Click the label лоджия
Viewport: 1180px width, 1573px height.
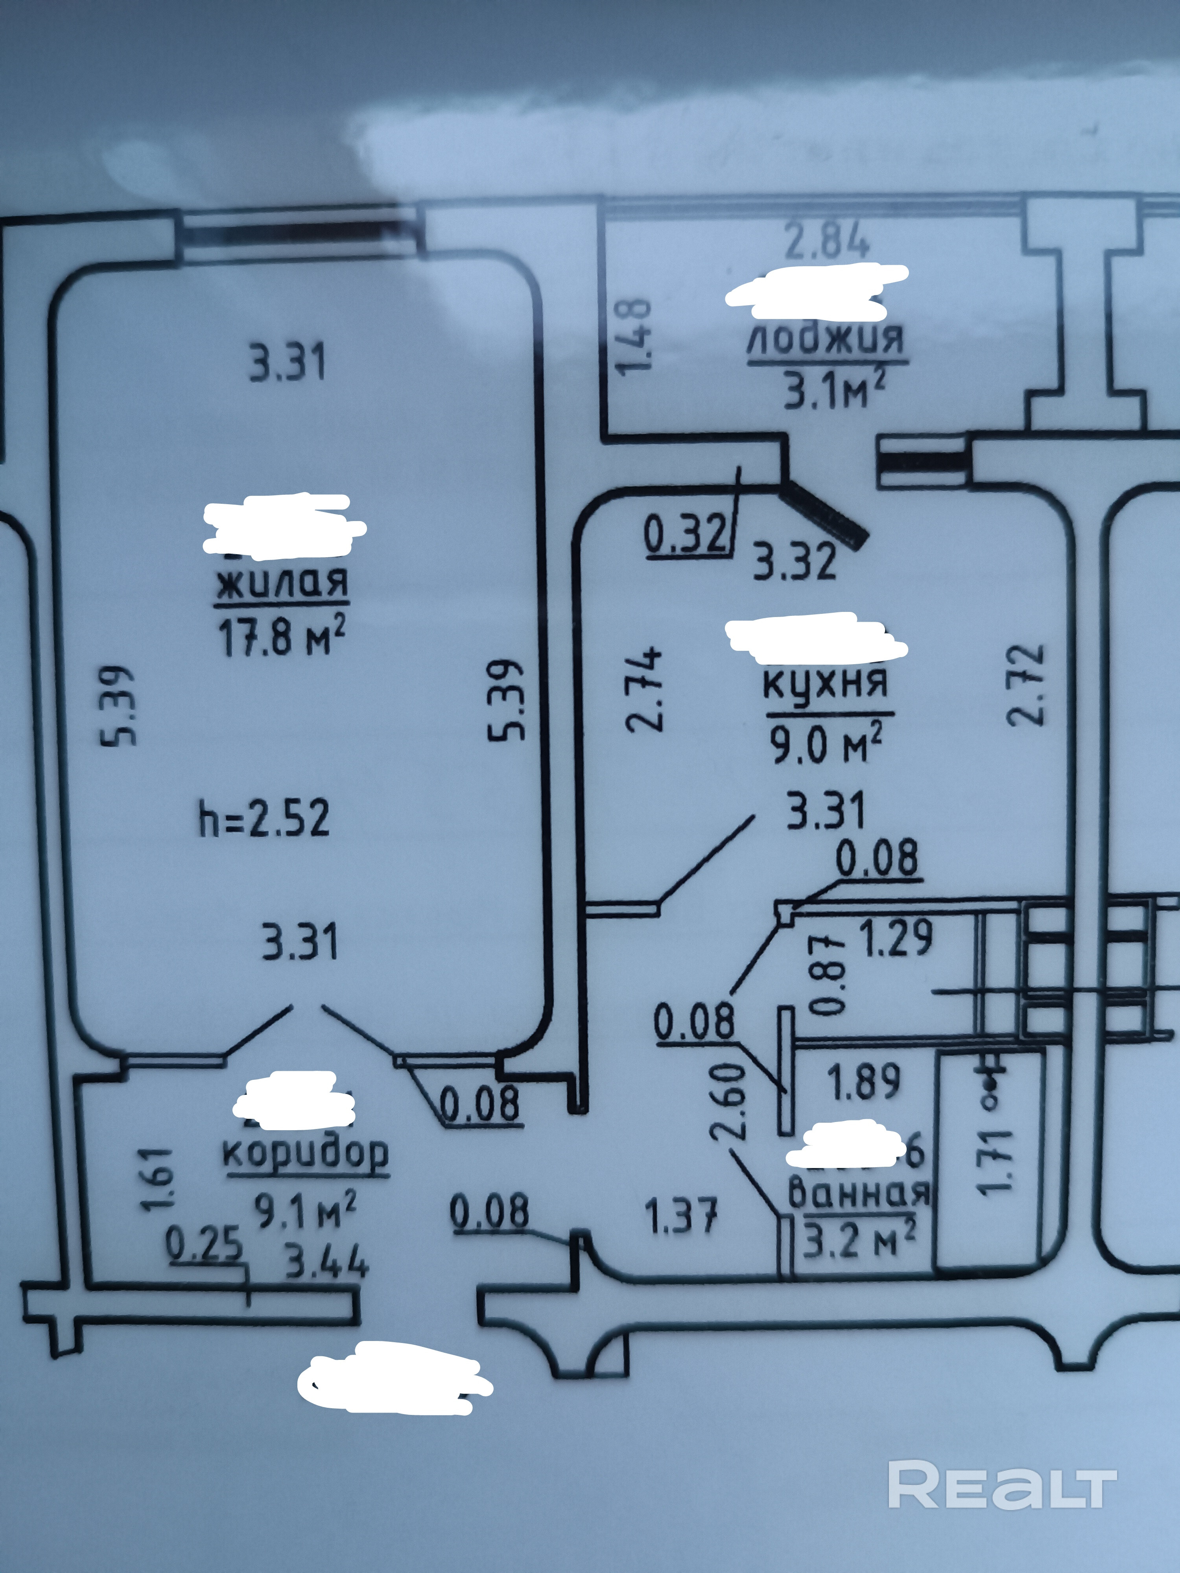(826, 339)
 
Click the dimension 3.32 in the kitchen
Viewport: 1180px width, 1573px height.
(795, 560)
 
